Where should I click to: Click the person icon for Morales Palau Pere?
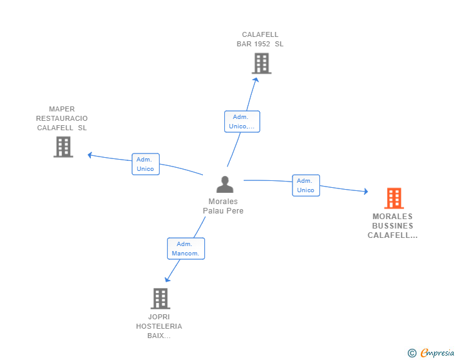point(224,185)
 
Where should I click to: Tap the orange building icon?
point(393,198)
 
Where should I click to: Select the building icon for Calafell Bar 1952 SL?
point(261,63)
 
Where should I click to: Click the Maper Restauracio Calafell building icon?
point(63,147)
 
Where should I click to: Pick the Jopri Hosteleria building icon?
point(160,299)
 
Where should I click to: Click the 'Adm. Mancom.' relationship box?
point(186,249)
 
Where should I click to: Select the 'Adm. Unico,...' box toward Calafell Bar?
point(242,121)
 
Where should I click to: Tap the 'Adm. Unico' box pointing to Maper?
point(145,164)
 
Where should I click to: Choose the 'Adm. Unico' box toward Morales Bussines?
point(306,185)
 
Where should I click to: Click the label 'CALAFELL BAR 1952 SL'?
point(260,39)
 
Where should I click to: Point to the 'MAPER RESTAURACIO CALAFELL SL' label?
point(62,118)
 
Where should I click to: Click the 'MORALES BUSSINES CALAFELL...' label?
point(393,226)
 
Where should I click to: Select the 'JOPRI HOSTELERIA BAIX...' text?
point(159,326)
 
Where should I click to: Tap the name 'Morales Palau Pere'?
point(223,206)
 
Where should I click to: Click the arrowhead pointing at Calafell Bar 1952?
point(255,80)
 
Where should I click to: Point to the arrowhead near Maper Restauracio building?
point(90,155)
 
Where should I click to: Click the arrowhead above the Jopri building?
point(167,279)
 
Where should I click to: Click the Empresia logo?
point(437,352)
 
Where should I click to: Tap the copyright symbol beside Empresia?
point(412,353)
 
